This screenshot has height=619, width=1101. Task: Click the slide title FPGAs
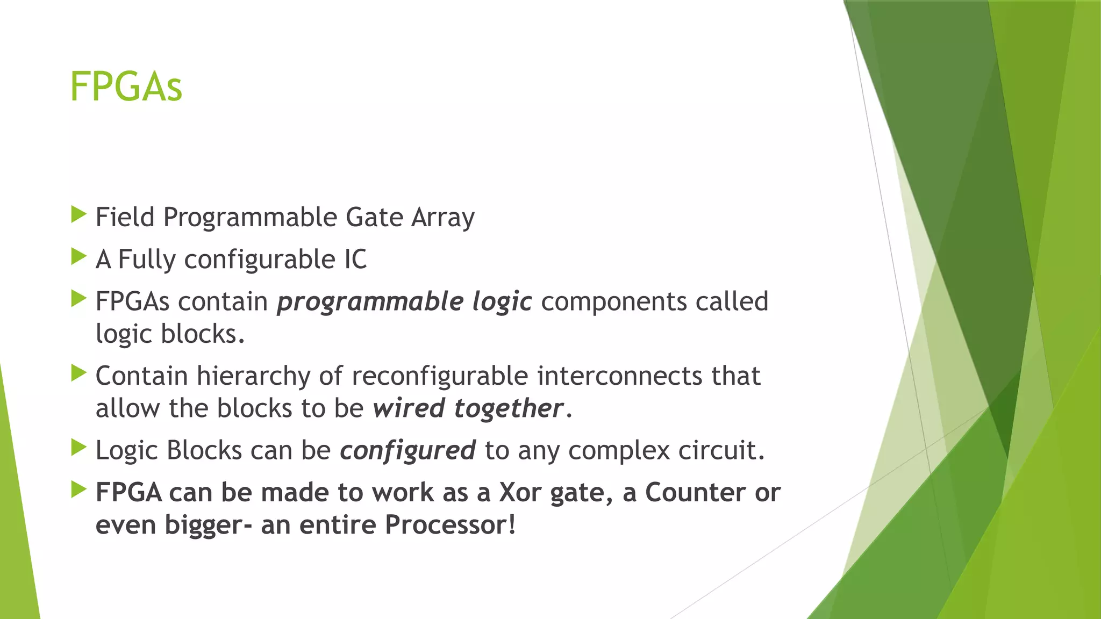tap(126, 87)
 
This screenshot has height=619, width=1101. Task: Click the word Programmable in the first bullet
tap(249, 218)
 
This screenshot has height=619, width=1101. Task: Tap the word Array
tap(443, 218)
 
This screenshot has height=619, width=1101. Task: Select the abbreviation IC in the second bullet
tap(355, 260)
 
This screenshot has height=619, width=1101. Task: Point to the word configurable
tap(260, 260)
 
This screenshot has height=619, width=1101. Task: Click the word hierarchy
tap(253, 376)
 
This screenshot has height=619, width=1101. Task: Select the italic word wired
tap(409, 408)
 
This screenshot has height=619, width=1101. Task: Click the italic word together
tap(509, 408)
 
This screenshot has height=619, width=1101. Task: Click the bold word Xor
tap(520, 492)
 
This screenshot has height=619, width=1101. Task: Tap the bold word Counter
tap(695, 492)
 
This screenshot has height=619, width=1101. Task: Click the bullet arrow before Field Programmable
tap(78, 215)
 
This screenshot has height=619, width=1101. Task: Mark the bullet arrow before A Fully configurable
tap(78, 257)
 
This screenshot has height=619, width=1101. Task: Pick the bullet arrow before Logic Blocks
tap(78, 448)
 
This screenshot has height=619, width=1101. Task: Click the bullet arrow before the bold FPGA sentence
tap(78, 490)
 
